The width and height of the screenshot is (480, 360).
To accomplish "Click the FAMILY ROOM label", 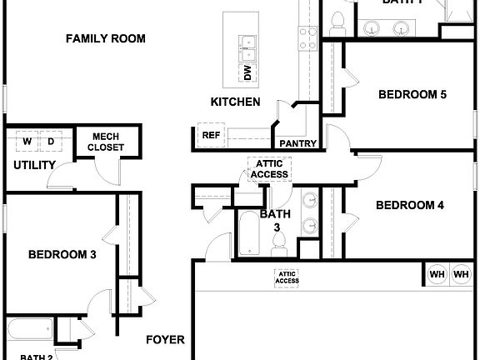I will tap(106, 38).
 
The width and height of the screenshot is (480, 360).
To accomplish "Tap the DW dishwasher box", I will tap(247, 73).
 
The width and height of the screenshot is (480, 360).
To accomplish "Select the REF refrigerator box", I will tap(210, 134).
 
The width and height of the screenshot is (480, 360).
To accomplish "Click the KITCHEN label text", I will tap(235, 102).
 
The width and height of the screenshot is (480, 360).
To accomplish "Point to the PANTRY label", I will tap(297, 143).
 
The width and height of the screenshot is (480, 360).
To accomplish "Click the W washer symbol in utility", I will tap(26, 141).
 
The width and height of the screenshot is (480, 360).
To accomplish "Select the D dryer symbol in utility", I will tap(50, 141).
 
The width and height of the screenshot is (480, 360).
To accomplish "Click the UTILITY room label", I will tap(34, 165).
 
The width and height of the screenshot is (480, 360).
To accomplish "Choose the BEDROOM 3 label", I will tap(62, 255).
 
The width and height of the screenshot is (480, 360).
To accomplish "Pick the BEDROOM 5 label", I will tap(412, 94).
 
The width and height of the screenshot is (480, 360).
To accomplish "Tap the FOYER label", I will tap(165, 340).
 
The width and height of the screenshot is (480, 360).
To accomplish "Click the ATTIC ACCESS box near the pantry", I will tap(269, 168).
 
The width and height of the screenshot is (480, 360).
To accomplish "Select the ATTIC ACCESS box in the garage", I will tap(287, 277).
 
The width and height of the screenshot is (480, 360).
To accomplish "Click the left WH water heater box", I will tap(437, 273).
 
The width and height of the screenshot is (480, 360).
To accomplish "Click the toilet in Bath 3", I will tap(280, 241).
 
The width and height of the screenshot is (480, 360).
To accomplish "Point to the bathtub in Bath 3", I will tap(249, 232).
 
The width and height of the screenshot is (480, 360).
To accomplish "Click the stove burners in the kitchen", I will tap(307, 38).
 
